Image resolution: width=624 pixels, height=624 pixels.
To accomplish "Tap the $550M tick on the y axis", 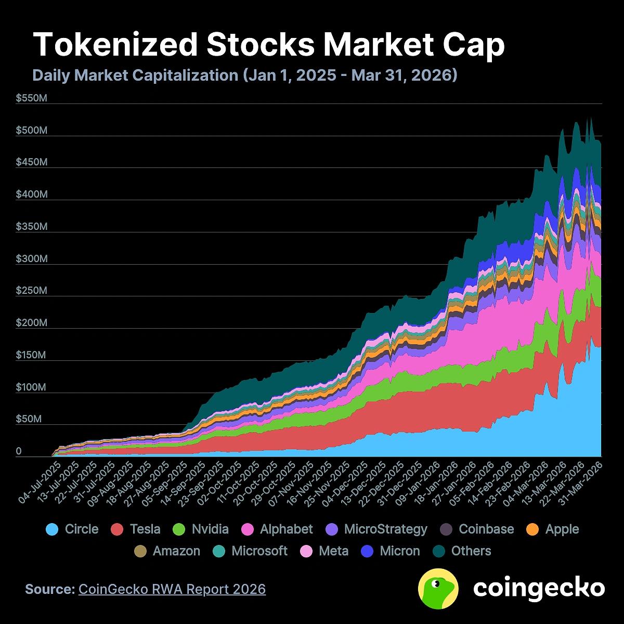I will pyautogui.click(x=31, y=98).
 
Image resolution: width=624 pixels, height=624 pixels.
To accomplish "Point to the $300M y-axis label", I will pyautogui.click(x=31, y=258).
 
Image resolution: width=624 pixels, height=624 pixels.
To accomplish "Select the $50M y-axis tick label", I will pyautogui.click(x=29, y=419).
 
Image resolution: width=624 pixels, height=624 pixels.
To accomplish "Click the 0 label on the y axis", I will pyautogui.click(x=19, y=451).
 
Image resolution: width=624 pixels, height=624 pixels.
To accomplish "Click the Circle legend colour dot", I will pyautogui.click(x=52, y=530).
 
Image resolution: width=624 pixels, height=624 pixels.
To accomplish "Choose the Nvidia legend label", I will pyautogui.click(x=210, y=529).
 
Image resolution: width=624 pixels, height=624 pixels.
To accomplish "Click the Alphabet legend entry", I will pyautogui.click(x=287, y=529).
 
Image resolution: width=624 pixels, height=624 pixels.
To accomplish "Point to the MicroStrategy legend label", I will pyautogui.click(x=385, y=529).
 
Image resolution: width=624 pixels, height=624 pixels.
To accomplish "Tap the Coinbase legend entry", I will pyautogui.click(x=486, y=529).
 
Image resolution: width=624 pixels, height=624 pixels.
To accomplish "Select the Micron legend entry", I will pyautogui.click(x=400, y=551).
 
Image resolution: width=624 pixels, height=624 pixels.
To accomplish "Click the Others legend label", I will pyautogui.click(x=471, y=551).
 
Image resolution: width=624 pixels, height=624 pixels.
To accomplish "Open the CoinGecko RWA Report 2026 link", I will pyautogui.click(x=172, y=589).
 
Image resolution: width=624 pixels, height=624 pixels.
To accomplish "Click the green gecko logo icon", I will pyautogui.click(x=438, y=589).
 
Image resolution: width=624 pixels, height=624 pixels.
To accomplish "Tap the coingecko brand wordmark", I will pyautogui.click(x=539, y=589).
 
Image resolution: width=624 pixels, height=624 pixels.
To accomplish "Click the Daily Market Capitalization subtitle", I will pyautogui.click(x=244, y=75).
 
